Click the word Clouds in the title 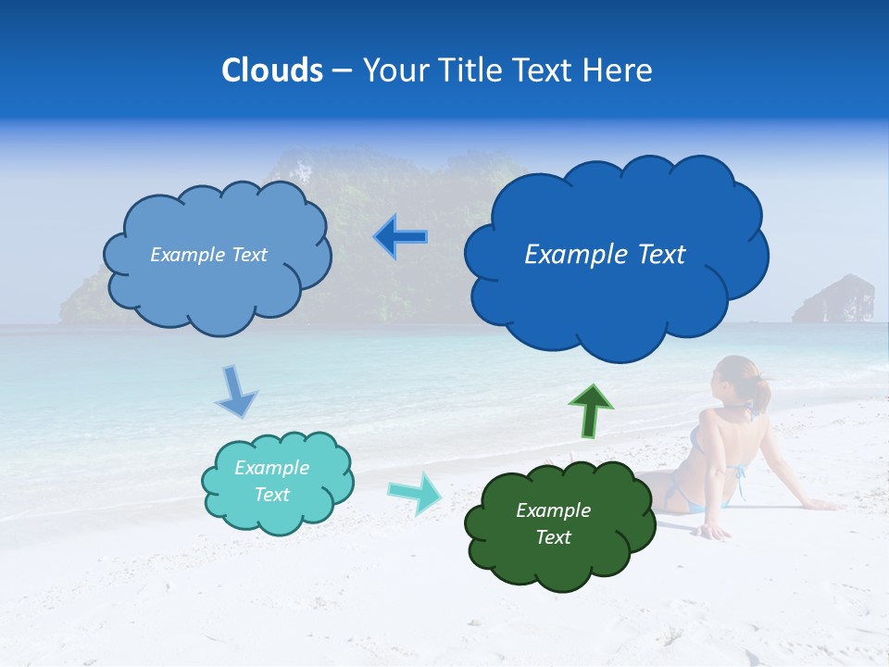[272, 70]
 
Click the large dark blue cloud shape [616, 255]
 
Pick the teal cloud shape [277, 481]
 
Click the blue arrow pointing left [401, 237]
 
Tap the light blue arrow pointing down [235, 391]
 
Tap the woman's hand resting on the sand [714, 532]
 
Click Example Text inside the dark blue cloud [605, 255]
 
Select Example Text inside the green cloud [553, 523]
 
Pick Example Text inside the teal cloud [271, 481]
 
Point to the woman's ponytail [761, 393]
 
